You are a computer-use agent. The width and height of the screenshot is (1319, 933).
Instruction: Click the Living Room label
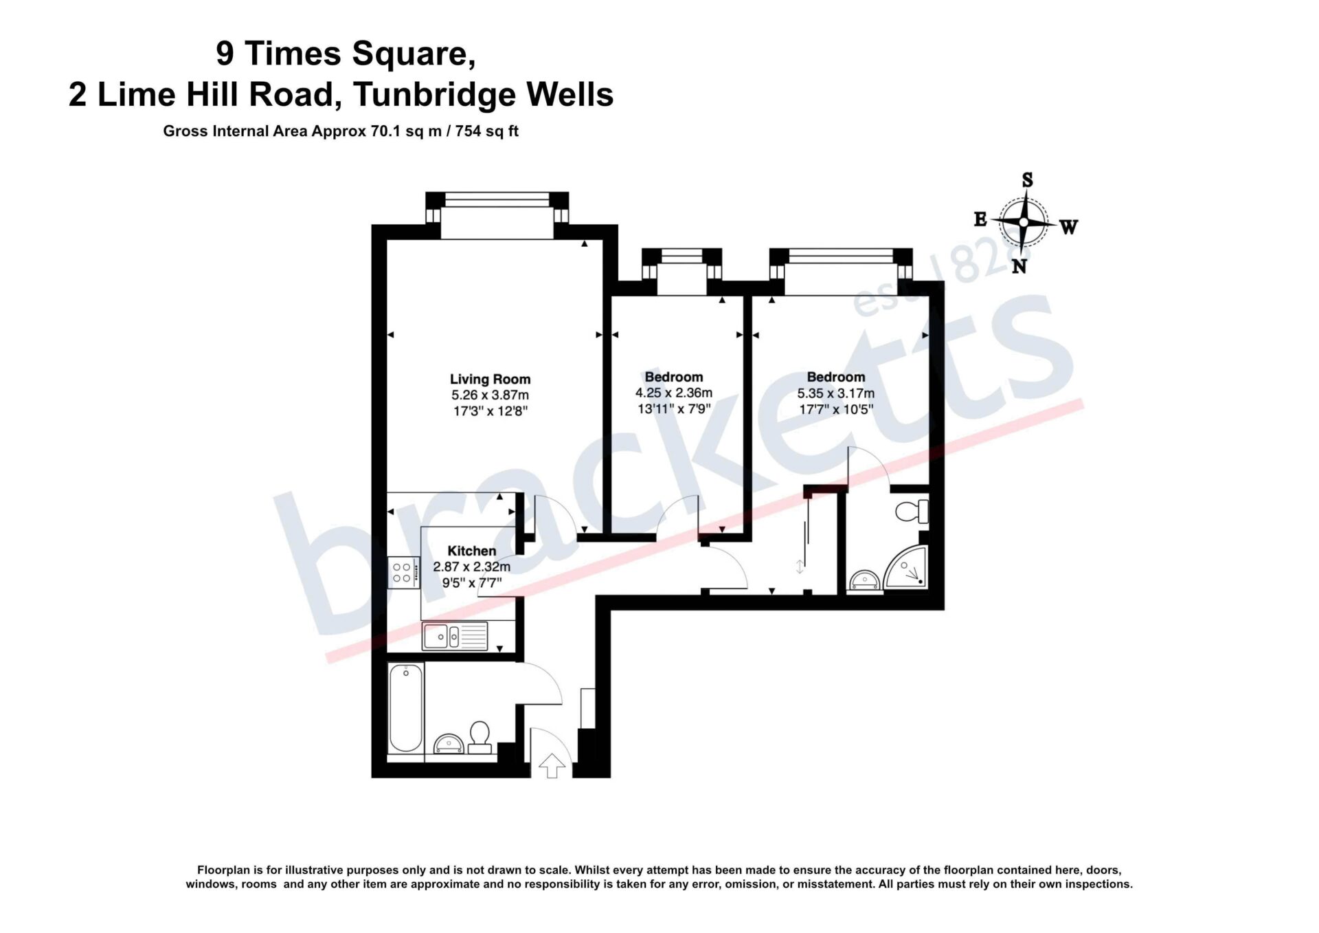tap(490, 379)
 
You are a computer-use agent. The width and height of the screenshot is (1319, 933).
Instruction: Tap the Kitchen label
tap(471, 551)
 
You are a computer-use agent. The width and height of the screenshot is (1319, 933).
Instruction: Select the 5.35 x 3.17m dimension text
tap(835, 393)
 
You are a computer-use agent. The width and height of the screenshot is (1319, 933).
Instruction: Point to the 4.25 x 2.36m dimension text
tap(673, 393)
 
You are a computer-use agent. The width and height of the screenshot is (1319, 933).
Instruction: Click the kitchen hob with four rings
tap(403, 572)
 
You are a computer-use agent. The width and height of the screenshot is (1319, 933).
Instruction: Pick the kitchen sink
tap(454, 636)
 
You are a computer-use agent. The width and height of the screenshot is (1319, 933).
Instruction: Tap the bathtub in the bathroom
tap(405, 708)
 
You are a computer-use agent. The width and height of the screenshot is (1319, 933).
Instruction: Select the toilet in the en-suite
tap(912, 512)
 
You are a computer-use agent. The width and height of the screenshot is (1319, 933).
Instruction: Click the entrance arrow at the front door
tap(551, 765)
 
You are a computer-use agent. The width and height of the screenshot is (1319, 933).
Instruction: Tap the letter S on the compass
tap(1027, 180)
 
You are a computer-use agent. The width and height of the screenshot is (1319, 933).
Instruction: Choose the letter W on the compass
tap(1069, 226)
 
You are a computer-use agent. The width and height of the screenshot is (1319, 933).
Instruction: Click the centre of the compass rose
tap(1024, 222)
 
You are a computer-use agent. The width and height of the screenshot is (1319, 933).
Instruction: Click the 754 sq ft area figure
tap(486, 131)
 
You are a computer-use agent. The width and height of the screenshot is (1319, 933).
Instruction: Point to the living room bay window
tap(497, 215)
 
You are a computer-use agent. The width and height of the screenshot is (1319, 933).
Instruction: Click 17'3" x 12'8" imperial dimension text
tap(490, 411)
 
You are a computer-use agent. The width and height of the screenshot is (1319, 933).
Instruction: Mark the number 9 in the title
tap(225, 54)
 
